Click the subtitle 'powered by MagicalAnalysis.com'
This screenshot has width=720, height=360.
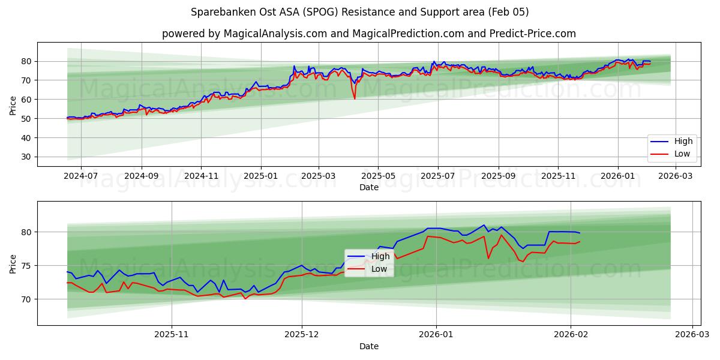click(368, 34)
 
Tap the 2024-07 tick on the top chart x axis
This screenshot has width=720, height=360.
click(80, 177)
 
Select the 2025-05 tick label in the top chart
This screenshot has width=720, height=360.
click(378, 177)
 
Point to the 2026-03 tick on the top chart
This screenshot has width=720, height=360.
click(676, 177)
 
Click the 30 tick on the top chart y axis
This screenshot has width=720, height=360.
click(26, 157)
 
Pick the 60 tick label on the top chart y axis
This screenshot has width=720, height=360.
click(26, 100)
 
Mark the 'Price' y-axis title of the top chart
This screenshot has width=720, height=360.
click(13, 104)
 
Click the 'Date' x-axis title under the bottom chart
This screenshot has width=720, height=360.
click(368, 346)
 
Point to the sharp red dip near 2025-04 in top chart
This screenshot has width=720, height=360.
click(354, 98)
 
